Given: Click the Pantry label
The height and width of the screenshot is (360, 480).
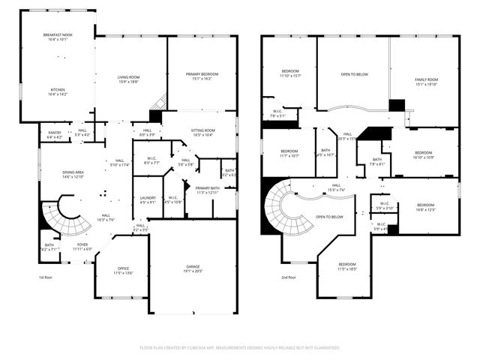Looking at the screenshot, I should click(55, 136).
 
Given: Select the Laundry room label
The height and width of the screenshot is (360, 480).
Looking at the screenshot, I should click(148, 200).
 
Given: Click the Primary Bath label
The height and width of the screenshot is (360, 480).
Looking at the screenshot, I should click(207, 190).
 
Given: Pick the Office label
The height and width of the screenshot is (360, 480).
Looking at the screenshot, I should click(123, 271).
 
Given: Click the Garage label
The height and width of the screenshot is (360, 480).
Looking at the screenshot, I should click(193, 268).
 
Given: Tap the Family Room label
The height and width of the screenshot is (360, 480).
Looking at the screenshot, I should click(427, 82).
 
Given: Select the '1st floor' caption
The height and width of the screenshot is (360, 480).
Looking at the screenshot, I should click(46, 277).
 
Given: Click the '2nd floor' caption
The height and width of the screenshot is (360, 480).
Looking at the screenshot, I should click(289, 277).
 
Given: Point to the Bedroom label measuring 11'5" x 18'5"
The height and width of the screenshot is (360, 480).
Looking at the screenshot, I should click(346, 266).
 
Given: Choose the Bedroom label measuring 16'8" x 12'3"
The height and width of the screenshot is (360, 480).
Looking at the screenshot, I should click(425, 207).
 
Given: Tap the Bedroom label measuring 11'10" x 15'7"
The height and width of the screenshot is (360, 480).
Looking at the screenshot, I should click(289, 73).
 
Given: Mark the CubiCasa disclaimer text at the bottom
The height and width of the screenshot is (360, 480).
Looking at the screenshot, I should click(240, 348).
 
